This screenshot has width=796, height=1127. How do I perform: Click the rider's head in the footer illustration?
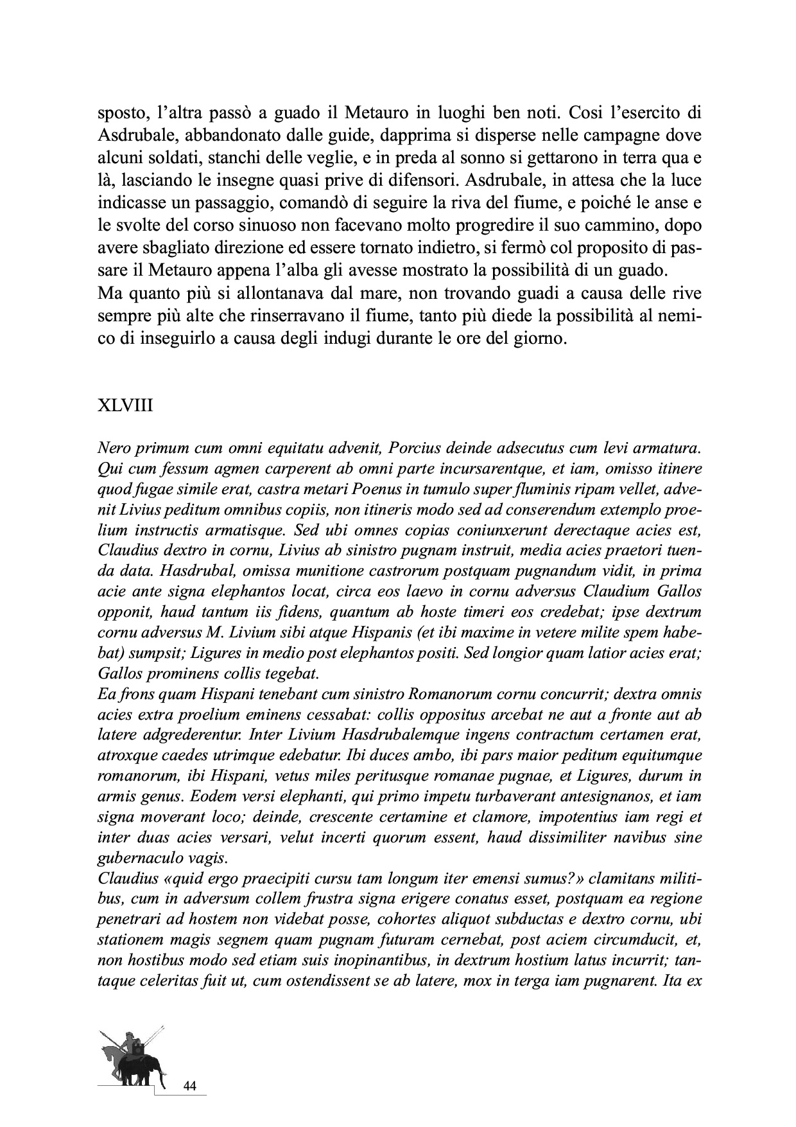131,1036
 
